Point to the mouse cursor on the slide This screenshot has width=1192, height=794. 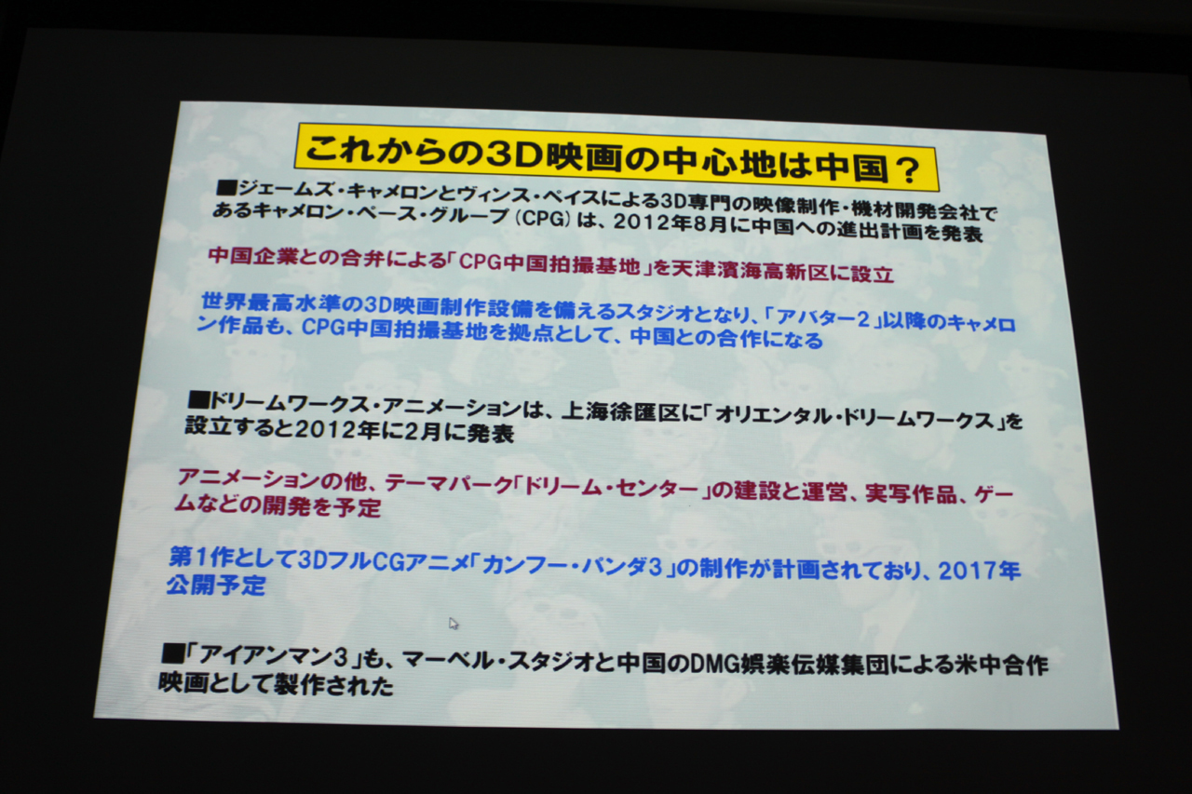(x=454, y=624)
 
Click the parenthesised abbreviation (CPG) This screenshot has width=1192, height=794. (x=543, y=219)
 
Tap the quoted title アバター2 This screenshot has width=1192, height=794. (x=823, y=318)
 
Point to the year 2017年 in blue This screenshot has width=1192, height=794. (x=979, y=571)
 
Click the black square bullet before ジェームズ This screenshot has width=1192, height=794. (x=226, y=187)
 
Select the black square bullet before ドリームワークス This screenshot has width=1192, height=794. (x=199, y=400)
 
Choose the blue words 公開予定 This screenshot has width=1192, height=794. (x=216, y=586)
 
